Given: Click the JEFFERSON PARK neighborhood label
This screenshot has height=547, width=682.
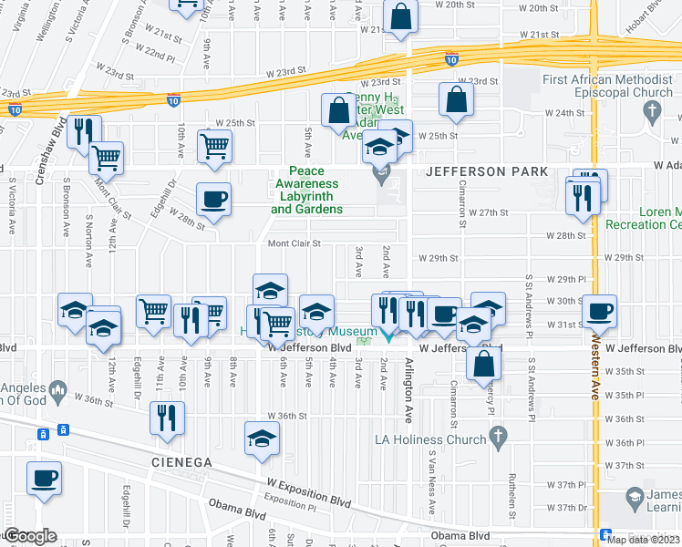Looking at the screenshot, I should coord(483,171).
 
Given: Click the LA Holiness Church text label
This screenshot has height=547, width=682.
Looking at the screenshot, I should coord(430,439).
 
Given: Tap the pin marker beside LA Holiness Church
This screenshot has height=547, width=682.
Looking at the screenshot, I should coord(497,439).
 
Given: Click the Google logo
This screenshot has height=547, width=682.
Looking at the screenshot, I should coord(30,536).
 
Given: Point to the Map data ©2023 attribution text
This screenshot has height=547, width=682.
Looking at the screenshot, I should coord(643,540).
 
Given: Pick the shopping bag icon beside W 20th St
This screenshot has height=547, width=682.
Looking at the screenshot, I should coord(400,15).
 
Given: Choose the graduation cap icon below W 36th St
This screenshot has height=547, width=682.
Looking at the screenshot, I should coord(262,439).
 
